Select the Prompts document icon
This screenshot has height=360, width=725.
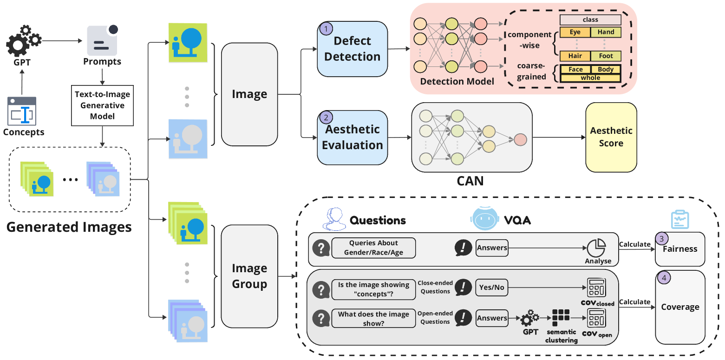103,41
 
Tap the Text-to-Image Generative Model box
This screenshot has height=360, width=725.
102,105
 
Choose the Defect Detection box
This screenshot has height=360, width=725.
352,49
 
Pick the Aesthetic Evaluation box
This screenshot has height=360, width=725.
352,137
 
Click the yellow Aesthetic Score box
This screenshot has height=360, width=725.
611,137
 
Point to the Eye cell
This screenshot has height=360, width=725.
575,32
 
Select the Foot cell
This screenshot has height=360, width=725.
606,56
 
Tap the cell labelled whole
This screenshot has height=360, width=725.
590,78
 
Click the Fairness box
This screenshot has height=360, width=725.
680,249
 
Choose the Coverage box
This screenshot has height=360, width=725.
680,307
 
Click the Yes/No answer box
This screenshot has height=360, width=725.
492,288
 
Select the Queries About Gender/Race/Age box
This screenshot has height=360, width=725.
373,248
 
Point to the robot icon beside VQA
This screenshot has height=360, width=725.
484,218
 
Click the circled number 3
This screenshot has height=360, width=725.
661,238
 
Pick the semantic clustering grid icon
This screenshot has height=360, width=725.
561,318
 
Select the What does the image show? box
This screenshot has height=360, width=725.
373,318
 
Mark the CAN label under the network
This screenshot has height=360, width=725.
470,180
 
